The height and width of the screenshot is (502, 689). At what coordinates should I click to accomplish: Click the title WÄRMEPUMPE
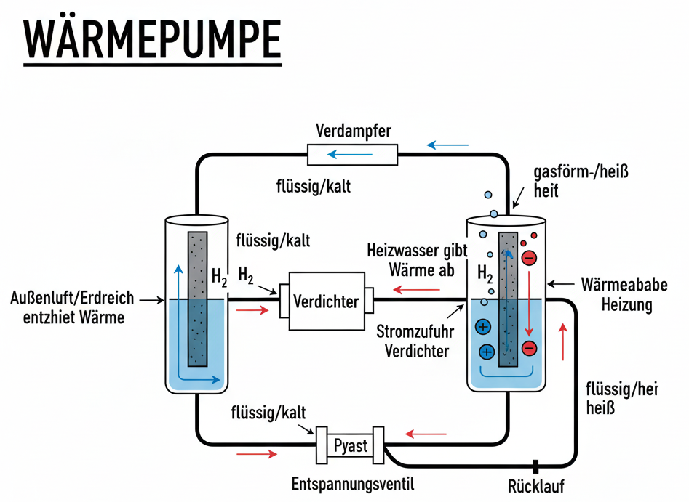point(151,40)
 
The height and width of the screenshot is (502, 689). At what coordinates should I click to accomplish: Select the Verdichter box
point(326,301)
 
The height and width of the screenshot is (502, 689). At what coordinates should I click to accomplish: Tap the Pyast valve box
point(349,445)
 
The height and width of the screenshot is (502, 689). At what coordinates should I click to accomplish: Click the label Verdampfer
point(354,131)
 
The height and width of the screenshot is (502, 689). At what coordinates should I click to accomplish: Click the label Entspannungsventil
point(353,484)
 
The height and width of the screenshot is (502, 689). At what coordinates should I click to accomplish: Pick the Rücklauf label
point(536,486)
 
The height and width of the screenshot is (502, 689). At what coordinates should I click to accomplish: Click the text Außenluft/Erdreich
point(73,299)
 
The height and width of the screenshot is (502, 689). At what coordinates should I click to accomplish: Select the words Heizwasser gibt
point(413,252)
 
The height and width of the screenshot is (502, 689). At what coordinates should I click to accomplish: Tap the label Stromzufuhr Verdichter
point(413,342)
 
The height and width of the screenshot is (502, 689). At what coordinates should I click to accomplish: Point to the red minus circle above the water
point(530,257)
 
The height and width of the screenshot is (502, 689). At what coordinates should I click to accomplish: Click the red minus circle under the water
point(529,348)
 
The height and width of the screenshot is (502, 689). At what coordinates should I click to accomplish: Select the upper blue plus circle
point(482,327)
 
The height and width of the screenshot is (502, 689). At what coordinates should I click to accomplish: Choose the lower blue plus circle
point(486,352)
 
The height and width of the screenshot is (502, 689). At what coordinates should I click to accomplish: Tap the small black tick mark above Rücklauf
point(535,466)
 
